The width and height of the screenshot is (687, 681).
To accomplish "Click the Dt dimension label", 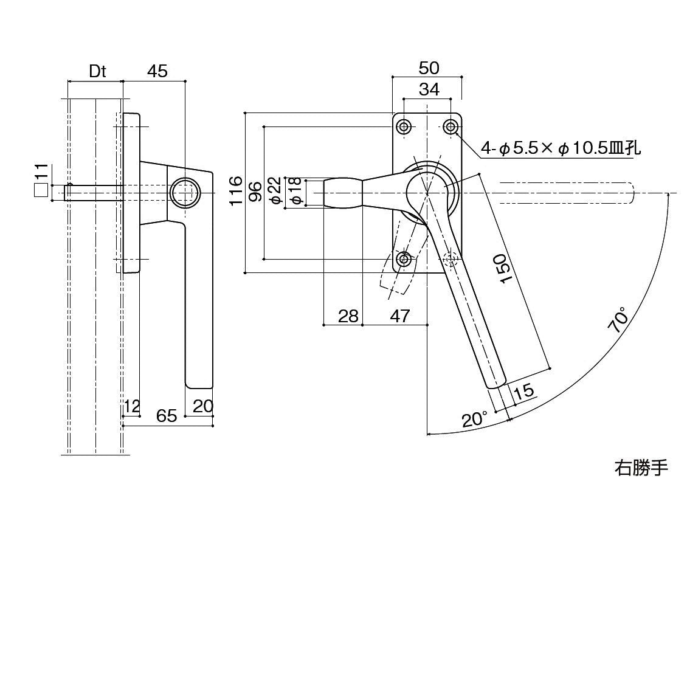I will (97, 72).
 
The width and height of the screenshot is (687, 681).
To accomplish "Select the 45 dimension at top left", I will (157, 71).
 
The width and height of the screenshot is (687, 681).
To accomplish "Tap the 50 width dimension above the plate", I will (429, 68).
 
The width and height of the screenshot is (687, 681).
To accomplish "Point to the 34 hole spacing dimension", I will (429, 89).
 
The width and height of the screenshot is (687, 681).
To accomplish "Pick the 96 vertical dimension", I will (257, 192).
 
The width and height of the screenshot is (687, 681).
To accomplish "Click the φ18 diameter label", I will (294, 192).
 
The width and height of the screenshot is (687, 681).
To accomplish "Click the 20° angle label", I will (475, 420).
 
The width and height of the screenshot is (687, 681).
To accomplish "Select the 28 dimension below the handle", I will (348, 316).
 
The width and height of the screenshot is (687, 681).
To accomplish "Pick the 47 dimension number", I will (399, 316).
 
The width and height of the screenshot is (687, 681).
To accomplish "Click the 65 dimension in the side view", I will (166, 415).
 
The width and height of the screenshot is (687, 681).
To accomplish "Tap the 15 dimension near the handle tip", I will (523, 391).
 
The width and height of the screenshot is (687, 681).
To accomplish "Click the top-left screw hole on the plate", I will (404, 126).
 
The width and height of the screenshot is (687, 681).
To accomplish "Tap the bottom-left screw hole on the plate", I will (404, 260).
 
